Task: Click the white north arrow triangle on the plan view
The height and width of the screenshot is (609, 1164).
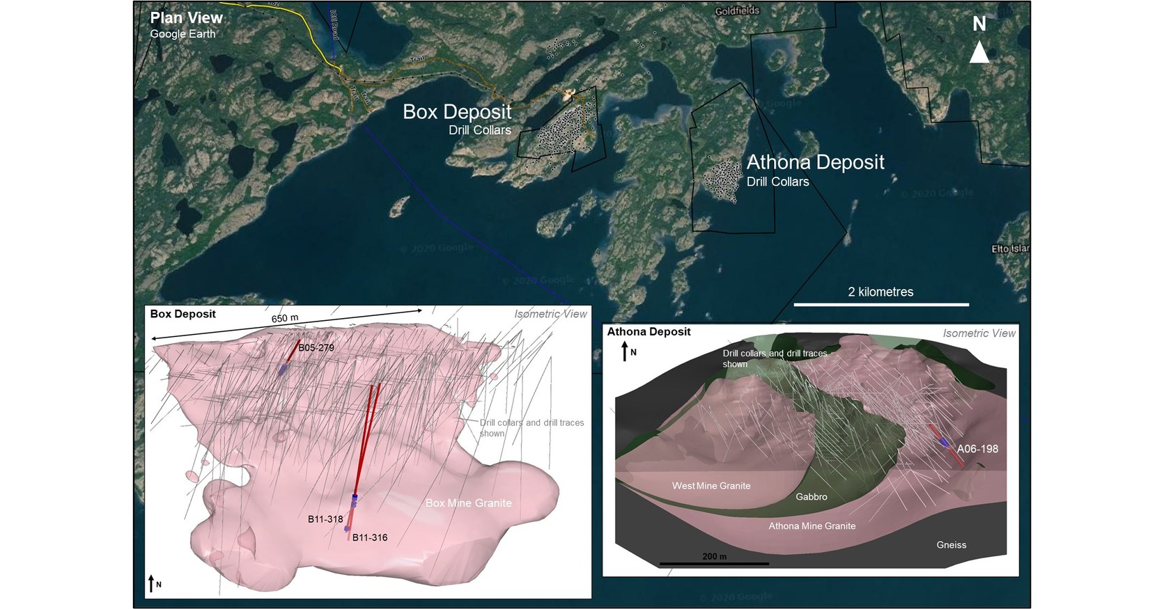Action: tap(979, 52)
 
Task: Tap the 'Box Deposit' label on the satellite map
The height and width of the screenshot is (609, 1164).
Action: tap(457, 111)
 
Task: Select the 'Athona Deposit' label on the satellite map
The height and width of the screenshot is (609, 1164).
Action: tap(815, 162)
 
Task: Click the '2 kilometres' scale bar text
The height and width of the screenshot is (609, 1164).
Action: tap(880, 292)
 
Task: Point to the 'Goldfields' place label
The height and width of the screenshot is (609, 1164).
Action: tap(737, 11)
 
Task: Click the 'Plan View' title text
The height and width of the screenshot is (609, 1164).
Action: tap(187, 18)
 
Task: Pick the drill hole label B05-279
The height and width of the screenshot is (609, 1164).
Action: tap(316, 347)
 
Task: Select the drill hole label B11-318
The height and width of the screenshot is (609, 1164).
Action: tap(325, 519)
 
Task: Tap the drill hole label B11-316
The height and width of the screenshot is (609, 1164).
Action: tap(370, 537)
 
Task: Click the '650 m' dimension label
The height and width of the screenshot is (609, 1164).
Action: tap(284, 319)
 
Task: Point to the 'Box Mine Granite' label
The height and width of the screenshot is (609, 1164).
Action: tap(468, 503)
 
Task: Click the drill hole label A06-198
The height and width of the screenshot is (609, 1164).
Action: tap(977, 449)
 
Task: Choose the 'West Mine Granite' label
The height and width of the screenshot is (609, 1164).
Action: tap(711, 486)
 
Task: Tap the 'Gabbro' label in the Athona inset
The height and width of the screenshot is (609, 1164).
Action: tap(812, 497)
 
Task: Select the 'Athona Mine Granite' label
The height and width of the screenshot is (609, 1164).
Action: tap(812, 526)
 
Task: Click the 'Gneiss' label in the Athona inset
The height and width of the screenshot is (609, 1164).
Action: tap(952, 545)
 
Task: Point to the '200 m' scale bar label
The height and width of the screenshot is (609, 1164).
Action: tap(714, 557)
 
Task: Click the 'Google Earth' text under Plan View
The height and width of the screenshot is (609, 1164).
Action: tap(183, 34)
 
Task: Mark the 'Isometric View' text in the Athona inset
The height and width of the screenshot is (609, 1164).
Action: tap(979, 333)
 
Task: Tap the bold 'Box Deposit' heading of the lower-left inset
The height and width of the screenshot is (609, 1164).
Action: tap(183, 314)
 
